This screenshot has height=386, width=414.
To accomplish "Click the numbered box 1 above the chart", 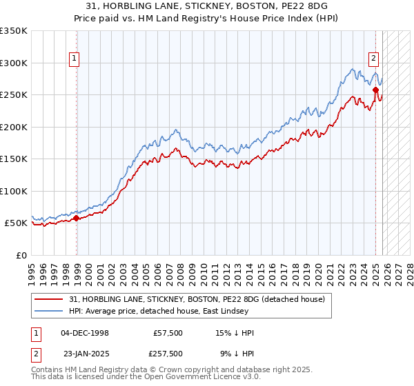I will pos(74,59).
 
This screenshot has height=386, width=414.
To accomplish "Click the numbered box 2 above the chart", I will pos(373,59).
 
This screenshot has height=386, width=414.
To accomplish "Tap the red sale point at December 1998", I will pos(77,219).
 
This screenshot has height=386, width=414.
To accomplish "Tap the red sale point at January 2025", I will pos(375,90).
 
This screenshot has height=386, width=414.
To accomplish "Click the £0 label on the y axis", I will pos(20,255).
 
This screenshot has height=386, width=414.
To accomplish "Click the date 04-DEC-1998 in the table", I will pos(85,333).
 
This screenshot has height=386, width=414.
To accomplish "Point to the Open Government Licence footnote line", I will pos(146,377).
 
